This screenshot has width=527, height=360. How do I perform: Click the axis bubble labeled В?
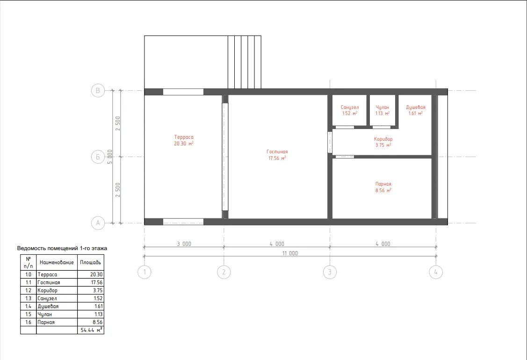98,90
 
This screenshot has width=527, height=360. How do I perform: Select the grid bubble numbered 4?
436,272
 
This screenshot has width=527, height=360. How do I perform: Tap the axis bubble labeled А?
98,223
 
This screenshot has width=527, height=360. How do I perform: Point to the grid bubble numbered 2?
224,272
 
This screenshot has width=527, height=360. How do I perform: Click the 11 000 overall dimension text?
290,253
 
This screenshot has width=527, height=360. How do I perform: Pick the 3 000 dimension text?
184,244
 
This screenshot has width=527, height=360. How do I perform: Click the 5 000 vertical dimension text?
110,157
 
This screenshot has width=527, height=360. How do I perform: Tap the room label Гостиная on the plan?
277,151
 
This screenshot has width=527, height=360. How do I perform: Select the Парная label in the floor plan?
383,184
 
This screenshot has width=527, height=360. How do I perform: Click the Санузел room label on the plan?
350,107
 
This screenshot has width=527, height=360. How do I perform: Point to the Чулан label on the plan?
383,107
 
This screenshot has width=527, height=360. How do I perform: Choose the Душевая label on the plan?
416,107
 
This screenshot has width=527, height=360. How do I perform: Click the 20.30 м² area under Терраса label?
184,144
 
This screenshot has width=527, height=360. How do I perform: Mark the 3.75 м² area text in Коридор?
383,145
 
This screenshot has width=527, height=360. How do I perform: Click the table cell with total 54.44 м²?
91,330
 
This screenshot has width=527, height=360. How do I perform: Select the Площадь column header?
90,262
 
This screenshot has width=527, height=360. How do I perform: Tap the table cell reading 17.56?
91,282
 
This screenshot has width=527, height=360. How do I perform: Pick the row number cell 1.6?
28,322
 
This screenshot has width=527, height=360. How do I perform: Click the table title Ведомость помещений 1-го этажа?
62,248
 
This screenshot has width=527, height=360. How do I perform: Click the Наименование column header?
57,262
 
